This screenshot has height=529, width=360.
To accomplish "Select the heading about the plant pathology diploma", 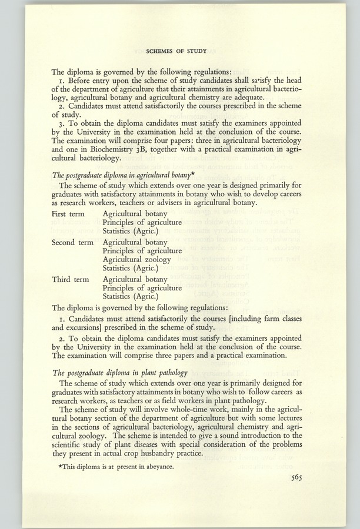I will pos(120,372).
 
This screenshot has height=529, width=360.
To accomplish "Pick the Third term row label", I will pos(70,279).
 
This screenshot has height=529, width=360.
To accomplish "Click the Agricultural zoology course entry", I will pos(136,259).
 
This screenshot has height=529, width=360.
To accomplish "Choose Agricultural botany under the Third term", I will pos(135,279).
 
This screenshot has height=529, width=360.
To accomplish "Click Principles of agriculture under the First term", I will pos(142,223).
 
